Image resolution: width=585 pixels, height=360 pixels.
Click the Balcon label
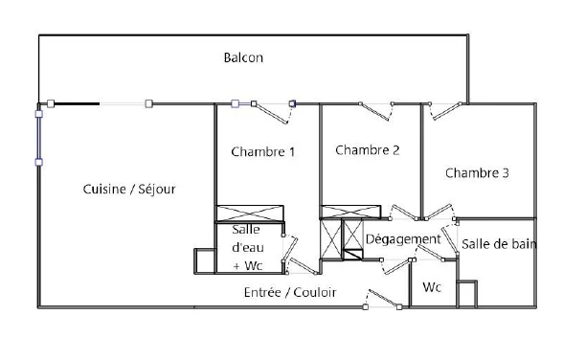coord(243,57)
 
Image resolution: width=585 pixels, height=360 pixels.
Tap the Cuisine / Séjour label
coord(129,190)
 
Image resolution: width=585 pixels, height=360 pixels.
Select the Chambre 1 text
coord(262,151)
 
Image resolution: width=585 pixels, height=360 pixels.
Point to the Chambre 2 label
coord(367,150)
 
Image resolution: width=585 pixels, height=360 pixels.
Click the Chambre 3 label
coord(477,172)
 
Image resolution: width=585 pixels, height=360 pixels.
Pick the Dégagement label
coord(403,239)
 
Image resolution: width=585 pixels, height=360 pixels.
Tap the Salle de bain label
coord(499,244)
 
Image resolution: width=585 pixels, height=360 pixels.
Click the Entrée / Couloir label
coord(290,292)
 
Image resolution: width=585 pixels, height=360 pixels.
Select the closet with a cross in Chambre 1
coord(250,213)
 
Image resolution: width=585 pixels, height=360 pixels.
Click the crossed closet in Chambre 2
coord(350,212)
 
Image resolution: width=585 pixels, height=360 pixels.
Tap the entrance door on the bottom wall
coord(382,299)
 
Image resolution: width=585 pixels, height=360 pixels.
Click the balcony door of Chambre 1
coord(273,112)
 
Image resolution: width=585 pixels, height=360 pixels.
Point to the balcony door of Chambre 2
coord(376,111)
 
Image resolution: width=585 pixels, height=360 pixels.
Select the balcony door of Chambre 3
coord(445,111)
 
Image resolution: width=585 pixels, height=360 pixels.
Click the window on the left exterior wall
coord(39,138)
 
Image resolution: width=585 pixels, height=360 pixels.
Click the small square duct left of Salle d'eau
coord(205,261)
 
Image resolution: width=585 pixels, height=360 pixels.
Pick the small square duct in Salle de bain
coord(467,294)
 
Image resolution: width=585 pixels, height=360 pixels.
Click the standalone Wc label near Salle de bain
coord(432,287)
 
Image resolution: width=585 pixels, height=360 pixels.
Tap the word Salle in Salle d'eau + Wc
coord(245,229)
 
